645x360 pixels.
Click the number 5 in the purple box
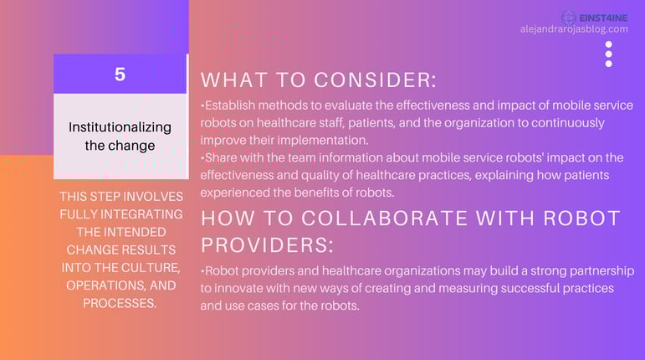[x=120, y=75]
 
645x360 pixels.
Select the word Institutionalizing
[x=120, y=127]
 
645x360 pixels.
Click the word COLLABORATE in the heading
[x=384, y=218]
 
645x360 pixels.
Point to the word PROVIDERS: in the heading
[x=267, y=245]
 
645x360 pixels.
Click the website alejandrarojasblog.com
[x=574, y=29]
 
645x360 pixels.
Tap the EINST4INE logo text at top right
[x=603, y=18]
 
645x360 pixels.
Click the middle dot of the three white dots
[x=609, y=54]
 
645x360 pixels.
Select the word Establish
[x=230, y=105]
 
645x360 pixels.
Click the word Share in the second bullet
[x=221, y=157]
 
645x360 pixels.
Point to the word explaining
[x=504, y=176]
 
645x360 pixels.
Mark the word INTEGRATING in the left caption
[x=141, y=214]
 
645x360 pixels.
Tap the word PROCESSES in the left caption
[x=119, y=303]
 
